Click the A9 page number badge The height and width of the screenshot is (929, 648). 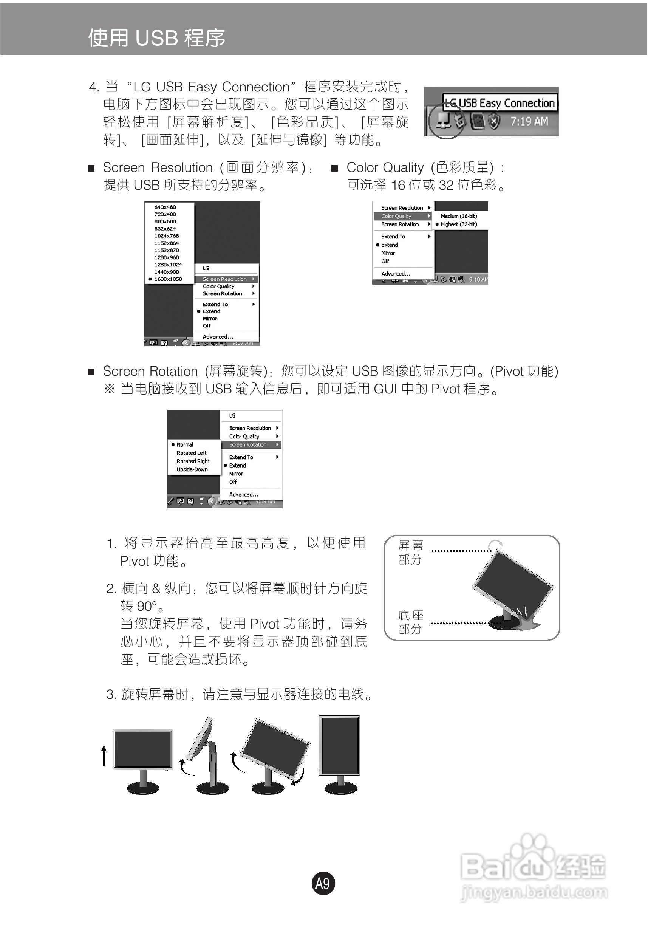pos(323,883)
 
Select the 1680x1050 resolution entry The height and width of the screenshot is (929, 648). pos(168,279)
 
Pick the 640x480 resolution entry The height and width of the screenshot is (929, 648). pos(165,207)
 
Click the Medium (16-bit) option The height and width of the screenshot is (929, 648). pos(459,216)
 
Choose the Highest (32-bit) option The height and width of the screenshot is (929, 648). pos(459,224)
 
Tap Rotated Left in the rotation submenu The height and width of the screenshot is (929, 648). pos(191,453)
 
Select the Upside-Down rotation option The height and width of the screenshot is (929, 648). pos(192,469)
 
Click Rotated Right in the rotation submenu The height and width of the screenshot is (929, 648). pos(193,461)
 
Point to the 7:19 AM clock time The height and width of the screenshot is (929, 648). pos(529,121)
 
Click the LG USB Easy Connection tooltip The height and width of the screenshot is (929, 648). pos(500,103)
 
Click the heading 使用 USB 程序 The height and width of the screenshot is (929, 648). pos(156,38)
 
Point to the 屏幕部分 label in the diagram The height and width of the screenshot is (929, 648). pos(411,552)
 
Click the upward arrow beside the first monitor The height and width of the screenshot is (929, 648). pos(104,756)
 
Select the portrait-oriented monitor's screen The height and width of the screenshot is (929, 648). pos(339,745)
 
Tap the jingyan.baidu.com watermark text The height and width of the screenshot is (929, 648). pos(534,892)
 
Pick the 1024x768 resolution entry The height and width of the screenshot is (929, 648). pos(166,236)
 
